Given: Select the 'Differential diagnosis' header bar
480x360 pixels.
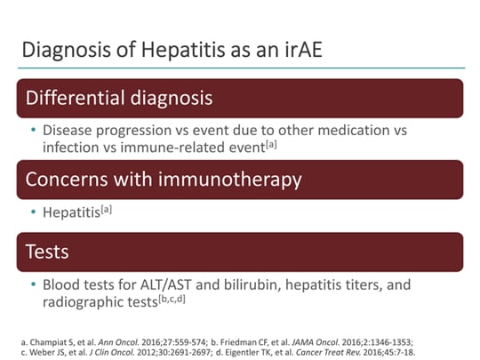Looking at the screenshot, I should (240, 98).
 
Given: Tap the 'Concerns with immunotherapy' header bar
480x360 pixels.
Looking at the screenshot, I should (240, 179).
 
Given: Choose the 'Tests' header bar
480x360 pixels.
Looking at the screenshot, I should (240, 252).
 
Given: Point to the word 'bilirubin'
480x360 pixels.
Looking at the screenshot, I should (273, 285).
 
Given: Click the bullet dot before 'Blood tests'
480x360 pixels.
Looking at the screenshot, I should (35, 286).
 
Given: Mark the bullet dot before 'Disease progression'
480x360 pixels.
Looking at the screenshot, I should (35, 131).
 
